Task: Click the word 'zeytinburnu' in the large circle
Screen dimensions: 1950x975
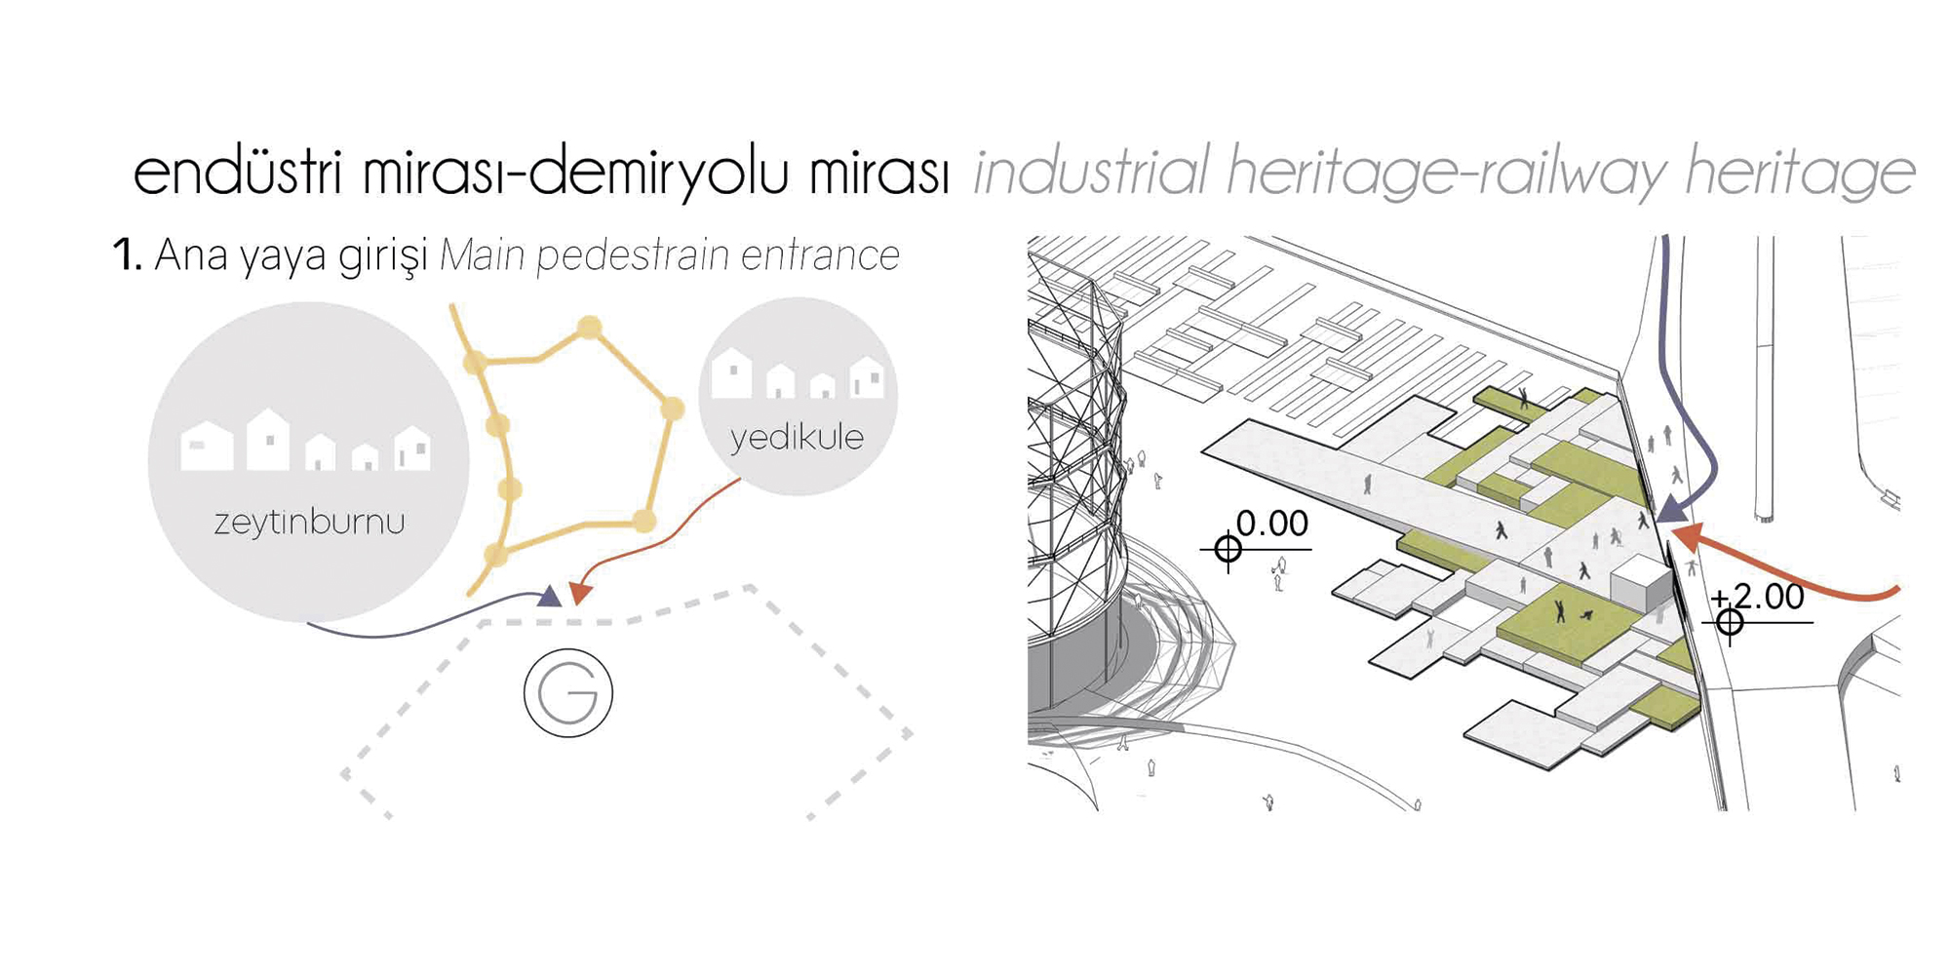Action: point(309,522)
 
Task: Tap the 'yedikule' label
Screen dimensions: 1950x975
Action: point(797,437)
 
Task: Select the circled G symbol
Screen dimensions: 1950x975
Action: point(568,692)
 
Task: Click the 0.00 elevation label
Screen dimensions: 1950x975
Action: point(1272,524)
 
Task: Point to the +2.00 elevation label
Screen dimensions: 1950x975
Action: point(1757,597)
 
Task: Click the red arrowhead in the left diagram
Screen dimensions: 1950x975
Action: point(580,593)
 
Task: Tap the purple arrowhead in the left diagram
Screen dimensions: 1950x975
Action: point(550,596)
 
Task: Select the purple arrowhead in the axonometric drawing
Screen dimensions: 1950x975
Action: point(1674,508)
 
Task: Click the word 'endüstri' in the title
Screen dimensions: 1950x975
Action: point(238,173)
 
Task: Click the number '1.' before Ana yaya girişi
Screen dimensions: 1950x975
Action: point(128,255)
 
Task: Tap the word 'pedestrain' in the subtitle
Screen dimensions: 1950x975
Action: point(633,255)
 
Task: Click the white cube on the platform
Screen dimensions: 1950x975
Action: point(1641,584)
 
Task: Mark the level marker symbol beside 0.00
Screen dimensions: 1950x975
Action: point(1228,550)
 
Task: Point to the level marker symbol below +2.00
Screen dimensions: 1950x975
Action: point(1730,622)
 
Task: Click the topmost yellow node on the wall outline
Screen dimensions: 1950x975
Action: point(588,327)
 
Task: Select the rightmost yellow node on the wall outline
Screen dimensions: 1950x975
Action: point(672,409)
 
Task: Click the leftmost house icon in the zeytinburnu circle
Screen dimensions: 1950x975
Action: point(207,448)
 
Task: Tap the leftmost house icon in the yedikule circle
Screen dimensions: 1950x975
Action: point(731,374)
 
